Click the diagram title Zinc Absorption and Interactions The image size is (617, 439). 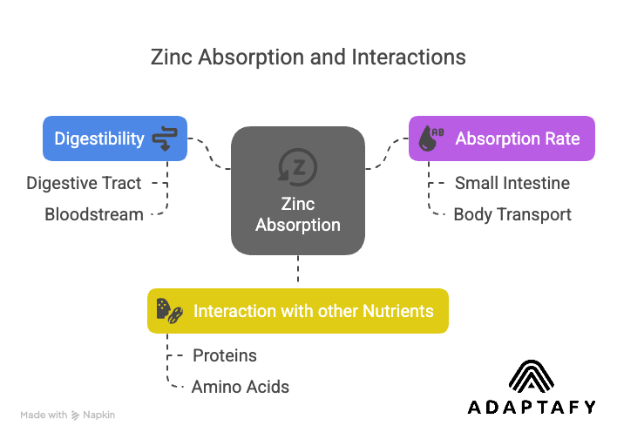click(308, 57)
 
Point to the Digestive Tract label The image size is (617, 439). click(84, 183)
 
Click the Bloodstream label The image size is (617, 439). click(94, 214)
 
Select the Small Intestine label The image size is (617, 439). click(512, 183)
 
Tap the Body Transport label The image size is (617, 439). click(512, 214)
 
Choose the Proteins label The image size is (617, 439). click(225, 355)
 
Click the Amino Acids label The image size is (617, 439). click(241, 387)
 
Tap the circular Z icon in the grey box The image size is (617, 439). click(297, 165)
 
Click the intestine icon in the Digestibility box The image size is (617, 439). click(165, 138)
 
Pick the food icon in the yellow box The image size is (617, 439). click(168, 311)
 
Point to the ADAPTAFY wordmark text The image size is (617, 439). click(532, 407)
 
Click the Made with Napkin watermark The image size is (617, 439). click(67, 415)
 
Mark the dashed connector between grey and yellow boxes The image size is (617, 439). click(298, 271)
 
